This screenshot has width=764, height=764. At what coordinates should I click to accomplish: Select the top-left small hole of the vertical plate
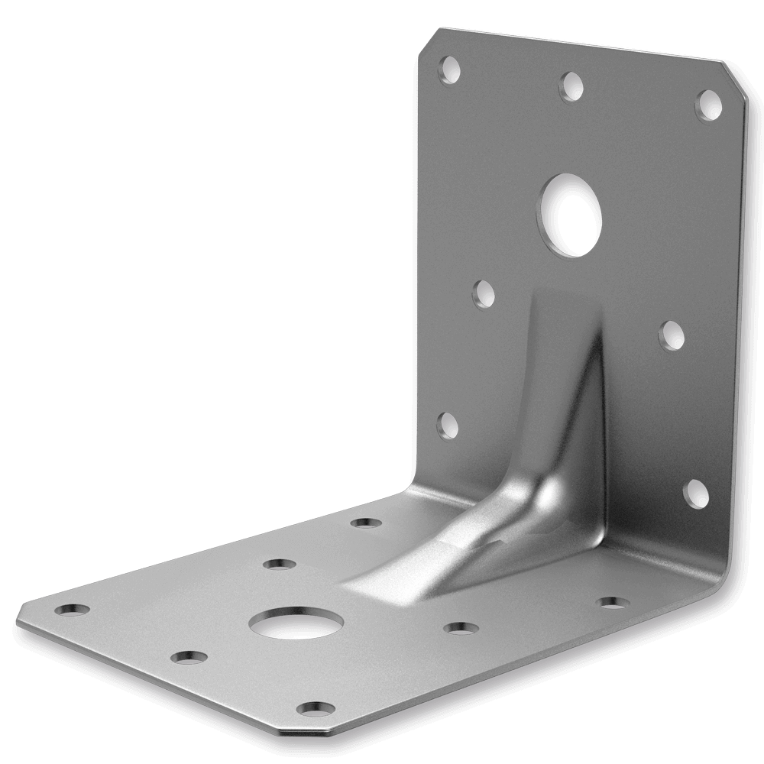[449, 70]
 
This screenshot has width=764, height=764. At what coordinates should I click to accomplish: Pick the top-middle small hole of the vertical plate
[571, 86]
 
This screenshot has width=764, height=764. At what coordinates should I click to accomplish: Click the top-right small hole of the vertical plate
[708, 104]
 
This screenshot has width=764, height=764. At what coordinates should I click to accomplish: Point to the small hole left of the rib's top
[484, 293]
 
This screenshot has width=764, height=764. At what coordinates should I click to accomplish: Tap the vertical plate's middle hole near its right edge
[671, 335]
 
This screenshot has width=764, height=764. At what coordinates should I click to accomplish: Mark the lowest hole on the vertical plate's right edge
[695, 494]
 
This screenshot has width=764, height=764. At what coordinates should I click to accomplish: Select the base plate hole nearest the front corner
[315, 709]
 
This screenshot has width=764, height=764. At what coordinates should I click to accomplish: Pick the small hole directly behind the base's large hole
[279, 565]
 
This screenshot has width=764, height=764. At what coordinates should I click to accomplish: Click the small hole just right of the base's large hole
[461, 628]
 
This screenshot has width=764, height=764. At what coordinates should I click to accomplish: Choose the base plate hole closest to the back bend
[366, 523]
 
